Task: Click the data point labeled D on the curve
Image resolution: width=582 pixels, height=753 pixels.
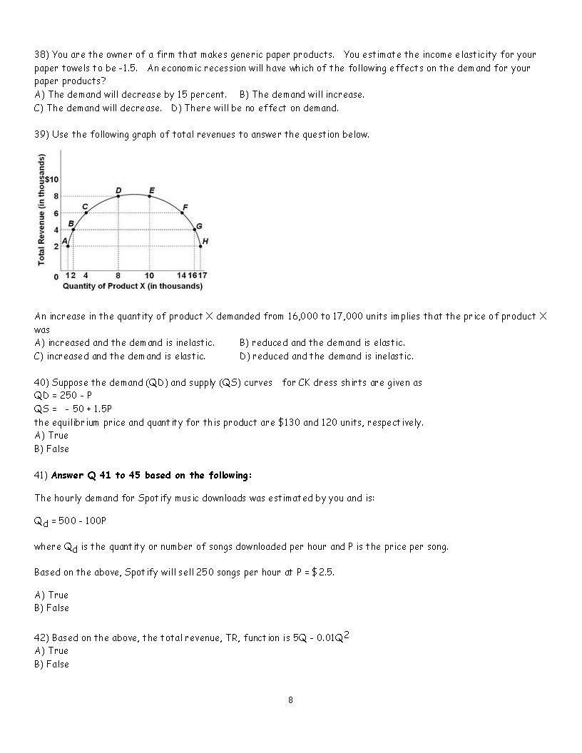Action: tap(118, 196)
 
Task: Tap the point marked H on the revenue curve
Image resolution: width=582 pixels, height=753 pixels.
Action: tap(200, 246)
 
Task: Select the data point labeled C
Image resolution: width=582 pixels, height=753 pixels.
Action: tap(86, 212)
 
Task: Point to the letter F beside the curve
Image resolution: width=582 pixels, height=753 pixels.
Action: tap(184, 207)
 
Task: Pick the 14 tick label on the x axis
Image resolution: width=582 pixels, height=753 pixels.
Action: tap(181, 275)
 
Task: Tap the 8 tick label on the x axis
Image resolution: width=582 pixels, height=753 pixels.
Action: tap(118, 275)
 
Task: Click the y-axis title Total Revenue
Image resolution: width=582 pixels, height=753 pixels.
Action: tap(42, 211)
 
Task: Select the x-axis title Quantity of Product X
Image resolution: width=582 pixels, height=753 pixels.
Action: tap(133, 286)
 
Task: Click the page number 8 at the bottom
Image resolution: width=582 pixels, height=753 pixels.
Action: tap(290, 700)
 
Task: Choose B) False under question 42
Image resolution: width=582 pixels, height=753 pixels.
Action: tap(51, 664)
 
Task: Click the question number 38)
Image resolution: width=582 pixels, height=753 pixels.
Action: tap(41, 55)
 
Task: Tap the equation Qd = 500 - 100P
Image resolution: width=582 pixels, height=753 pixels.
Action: tap(70, 521)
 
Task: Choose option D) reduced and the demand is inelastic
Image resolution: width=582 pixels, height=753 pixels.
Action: tap(326, 356)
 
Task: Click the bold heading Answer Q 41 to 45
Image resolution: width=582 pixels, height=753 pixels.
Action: tap(151, 475)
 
